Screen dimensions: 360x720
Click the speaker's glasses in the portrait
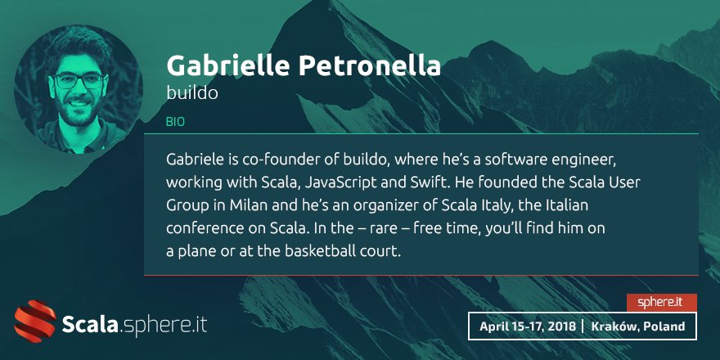(79, 81)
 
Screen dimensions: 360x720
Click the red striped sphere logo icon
(34, 322)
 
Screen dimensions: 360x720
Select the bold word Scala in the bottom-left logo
(90, 324)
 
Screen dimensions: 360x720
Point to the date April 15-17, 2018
(525, 326)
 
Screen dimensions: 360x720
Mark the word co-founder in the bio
(277, 155)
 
